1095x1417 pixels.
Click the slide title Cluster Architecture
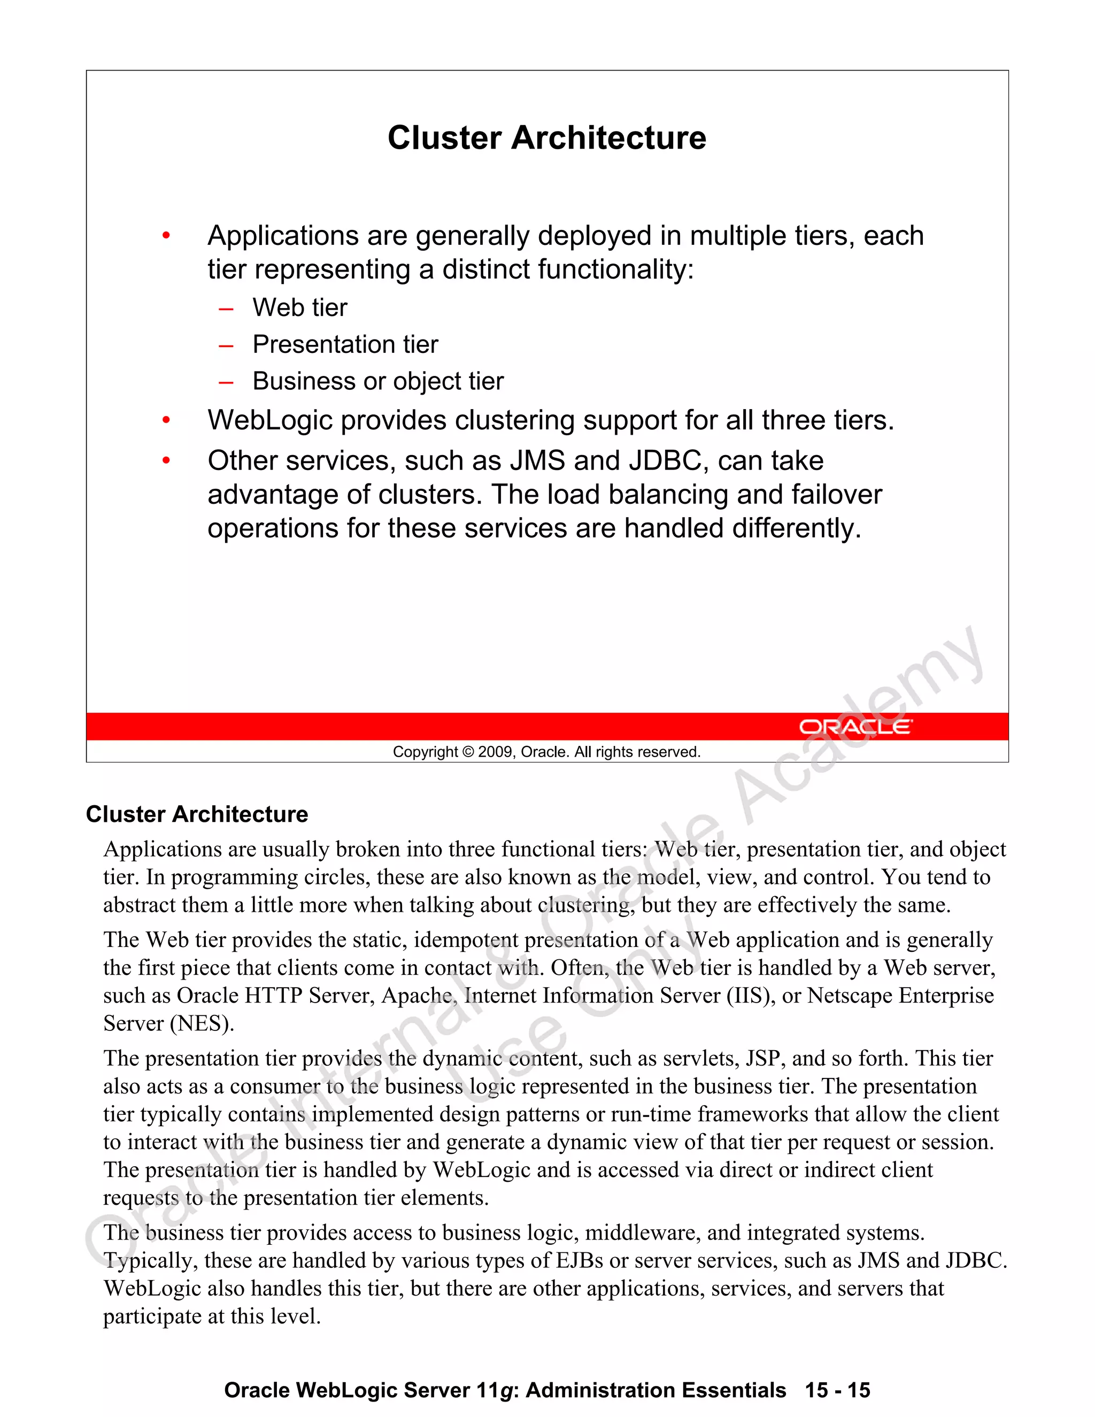pos(546,137)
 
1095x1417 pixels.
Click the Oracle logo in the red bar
pos(855,727)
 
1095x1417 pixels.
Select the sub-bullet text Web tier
pos(300,307)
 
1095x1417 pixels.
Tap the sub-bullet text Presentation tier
pos(345,344)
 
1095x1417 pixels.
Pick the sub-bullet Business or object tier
pos(377,381)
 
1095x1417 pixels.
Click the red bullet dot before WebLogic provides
pos(166,421)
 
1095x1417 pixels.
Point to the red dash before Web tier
pos(226,309)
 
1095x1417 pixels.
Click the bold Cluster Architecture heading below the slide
pos(197,814)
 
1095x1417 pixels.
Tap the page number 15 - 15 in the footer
pos(837,1390)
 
